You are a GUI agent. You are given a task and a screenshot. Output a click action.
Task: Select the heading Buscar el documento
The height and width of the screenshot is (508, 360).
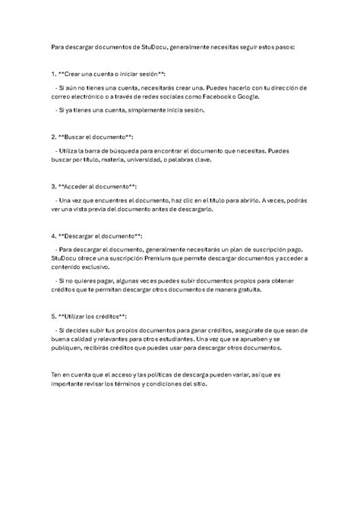(96, 138)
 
